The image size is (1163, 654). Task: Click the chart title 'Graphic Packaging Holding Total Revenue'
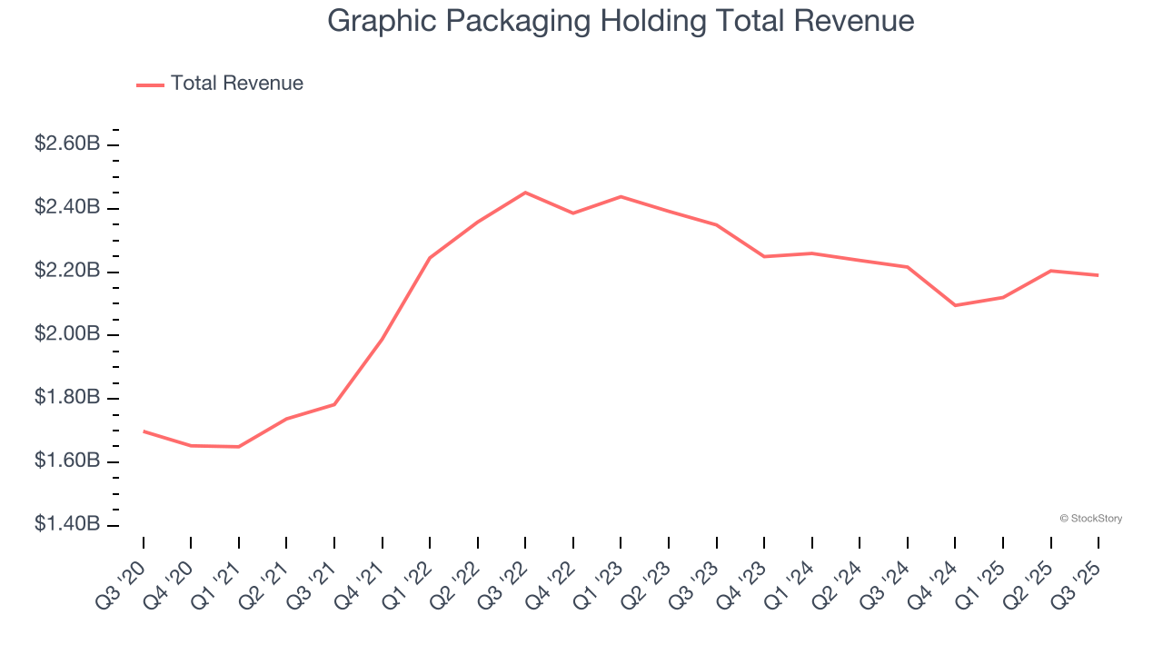click(621, 21)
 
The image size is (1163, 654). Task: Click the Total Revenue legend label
click(236, 84)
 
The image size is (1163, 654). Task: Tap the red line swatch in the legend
click(150, 84)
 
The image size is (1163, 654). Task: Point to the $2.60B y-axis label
click(67, 144)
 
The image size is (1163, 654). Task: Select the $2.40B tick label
click(67, 208)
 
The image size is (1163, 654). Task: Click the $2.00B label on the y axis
click(67, 334)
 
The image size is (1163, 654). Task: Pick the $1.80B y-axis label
click(67, 398)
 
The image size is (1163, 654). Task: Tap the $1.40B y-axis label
click(67, 525)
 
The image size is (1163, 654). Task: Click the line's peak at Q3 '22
click(525, 193)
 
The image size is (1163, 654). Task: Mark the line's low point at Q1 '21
click(239, 447)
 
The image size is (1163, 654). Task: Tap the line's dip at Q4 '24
click(955, 305)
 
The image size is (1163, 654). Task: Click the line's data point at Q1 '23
click(621, 196)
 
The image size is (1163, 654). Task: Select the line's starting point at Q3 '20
click(144, 431)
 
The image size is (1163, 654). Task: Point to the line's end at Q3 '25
click(1098, 275)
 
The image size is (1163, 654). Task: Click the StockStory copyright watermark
click(1090, 519)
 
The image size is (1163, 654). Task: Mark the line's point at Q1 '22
click(430, 258)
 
